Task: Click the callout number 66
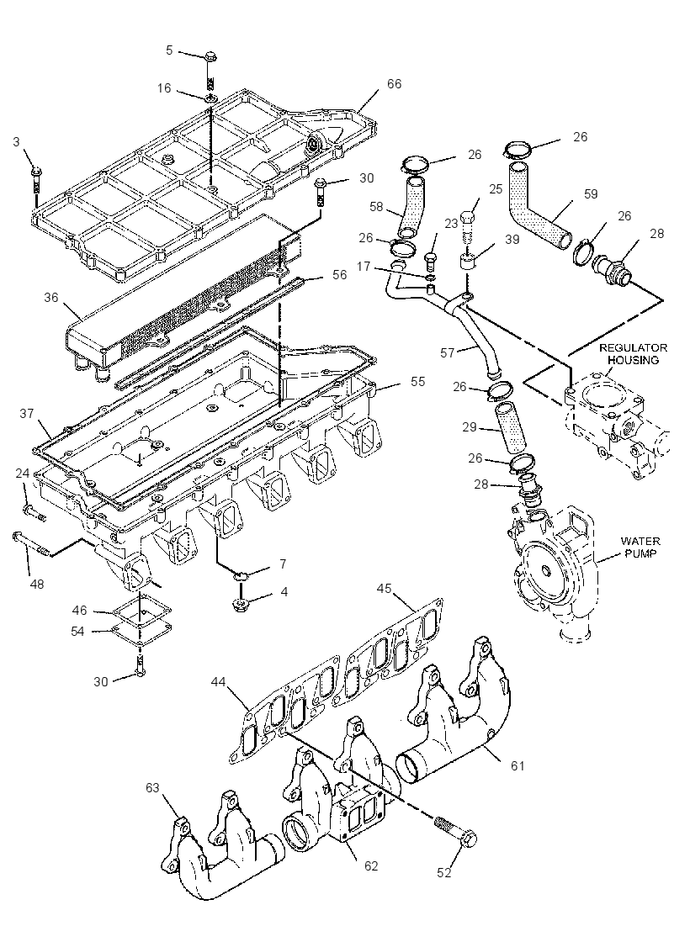394,84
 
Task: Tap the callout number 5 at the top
169,50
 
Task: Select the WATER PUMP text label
640,548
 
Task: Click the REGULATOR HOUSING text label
633,354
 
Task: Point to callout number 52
443,873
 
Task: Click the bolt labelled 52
455,831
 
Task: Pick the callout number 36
51,297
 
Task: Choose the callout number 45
384,588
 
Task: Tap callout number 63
152,787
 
